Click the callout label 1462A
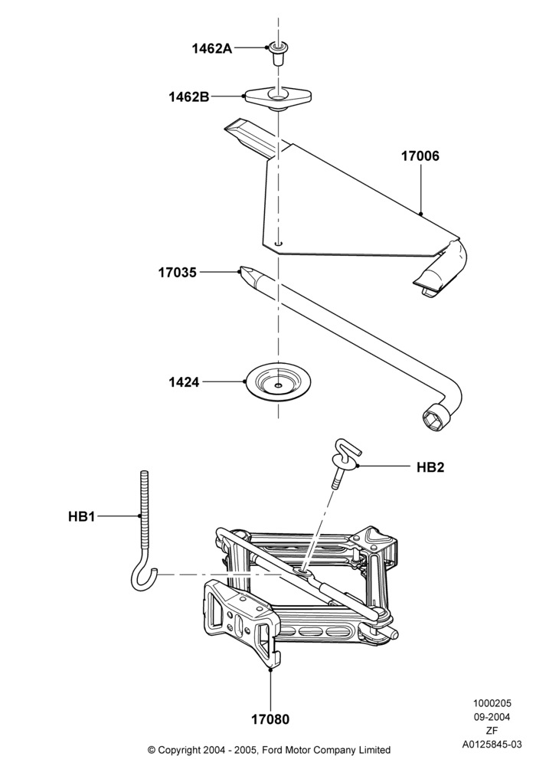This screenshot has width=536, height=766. coord(212,48)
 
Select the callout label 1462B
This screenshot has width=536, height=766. coord(189,97)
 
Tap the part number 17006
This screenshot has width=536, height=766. coord(420,156)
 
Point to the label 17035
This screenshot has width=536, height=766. coord(177,273)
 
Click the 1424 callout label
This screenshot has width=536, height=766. coord(184,382)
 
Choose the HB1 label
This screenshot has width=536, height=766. coord(81,516)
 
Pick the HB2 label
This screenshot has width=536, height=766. coord(430,467)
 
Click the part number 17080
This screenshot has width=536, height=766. coord(270,719)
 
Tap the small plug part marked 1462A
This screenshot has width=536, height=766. coord(278,54)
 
